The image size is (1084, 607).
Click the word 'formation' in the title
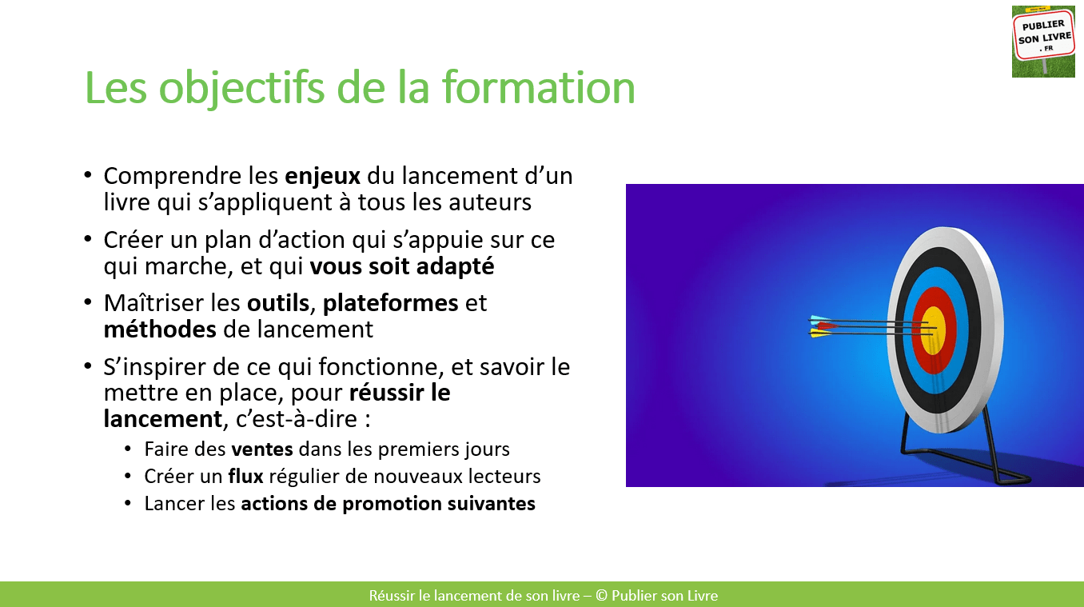538,88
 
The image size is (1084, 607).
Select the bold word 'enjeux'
322,177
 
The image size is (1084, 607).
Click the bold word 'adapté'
456,267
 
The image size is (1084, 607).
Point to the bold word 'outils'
277,304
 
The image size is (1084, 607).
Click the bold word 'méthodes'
160,329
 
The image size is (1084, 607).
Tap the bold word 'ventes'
261,449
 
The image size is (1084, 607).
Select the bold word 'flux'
245,476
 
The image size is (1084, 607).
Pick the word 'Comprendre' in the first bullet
173,177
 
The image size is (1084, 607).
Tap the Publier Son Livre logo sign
1043,42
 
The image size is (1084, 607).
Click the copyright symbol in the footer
601,595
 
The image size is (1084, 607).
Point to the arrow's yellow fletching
821,333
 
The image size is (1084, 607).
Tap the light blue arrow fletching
819,319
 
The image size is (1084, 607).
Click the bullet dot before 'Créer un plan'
88,238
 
